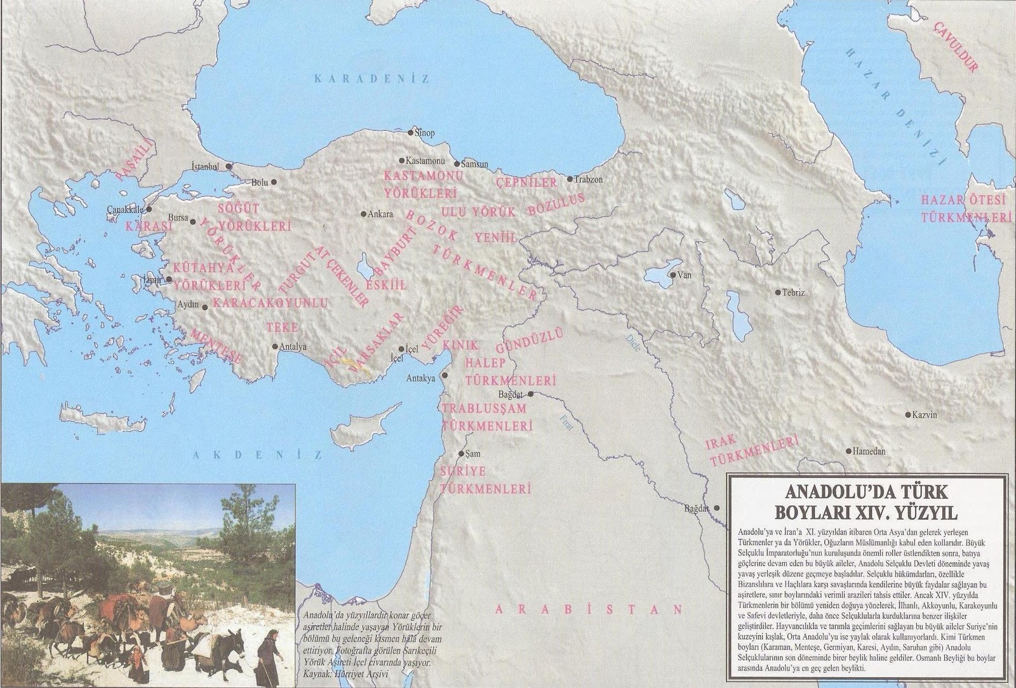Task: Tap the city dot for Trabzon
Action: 570,179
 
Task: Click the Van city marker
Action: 675,275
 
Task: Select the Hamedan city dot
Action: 849,451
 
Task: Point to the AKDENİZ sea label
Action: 257,455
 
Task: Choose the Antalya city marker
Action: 274,347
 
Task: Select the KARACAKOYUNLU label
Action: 271,303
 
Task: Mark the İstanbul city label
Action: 205,166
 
